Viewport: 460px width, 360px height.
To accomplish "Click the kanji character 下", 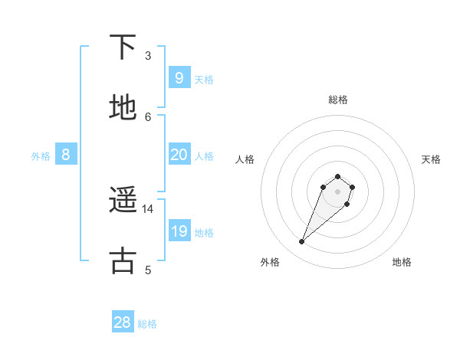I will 123,47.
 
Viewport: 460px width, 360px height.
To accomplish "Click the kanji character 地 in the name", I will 123,108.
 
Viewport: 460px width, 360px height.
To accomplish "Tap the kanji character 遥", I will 123,201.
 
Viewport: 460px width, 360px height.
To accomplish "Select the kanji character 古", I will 123,260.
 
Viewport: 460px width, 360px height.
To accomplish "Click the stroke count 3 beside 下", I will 148,55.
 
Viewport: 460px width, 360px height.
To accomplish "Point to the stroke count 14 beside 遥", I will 148,208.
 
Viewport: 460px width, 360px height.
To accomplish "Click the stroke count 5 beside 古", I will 148,269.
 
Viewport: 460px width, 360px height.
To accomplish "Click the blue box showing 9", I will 179,77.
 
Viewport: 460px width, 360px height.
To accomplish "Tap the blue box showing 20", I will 179,155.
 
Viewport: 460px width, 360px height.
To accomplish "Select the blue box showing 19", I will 179,231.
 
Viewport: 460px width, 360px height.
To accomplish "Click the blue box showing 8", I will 66,155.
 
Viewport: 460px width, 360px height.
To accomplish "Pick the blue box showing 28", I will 123,322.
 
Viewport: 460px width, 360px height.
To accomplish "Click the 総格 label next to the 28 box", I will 147,324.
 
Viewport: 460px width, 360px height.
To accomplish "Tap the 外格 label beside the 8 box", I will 41,156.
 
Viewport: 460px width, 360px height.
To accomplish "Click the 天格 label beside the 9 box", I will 203,79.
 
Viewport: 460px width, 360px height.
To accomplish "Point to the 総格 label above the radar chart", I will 338,100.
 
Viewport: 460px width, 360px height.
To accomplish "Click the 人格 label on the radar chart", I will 245,159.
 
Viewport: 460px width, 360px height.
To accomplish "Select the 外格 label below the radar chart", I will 270,262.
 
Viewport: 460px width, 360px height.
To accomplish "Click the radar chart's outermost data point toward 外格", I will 302,242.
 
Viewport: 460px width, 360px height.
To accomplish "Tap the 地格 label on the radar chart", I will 402,262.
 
